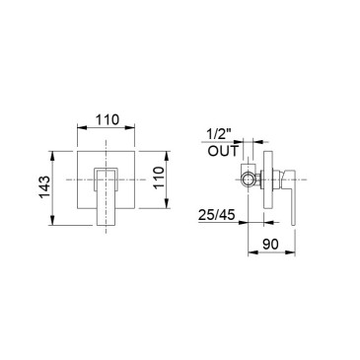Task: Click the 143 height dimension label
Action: tap(44, 187)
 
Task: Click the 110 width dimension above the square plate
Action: tap(107, 119)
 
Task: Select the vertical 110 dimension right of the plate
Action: tap(159, 178)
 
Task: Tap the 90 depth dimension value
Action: tap(271, 244)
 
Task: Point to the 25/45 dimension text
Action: tap(217, 215)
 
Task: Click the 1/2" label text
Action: tap(219, 135)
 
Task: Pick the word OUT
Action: tap(223, 151)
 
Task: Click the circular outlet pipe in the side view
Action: tap(249, 180)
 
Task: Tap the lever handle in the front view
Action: tap(107, 196)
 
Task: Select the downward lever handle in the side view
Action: tap(292, 197)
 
